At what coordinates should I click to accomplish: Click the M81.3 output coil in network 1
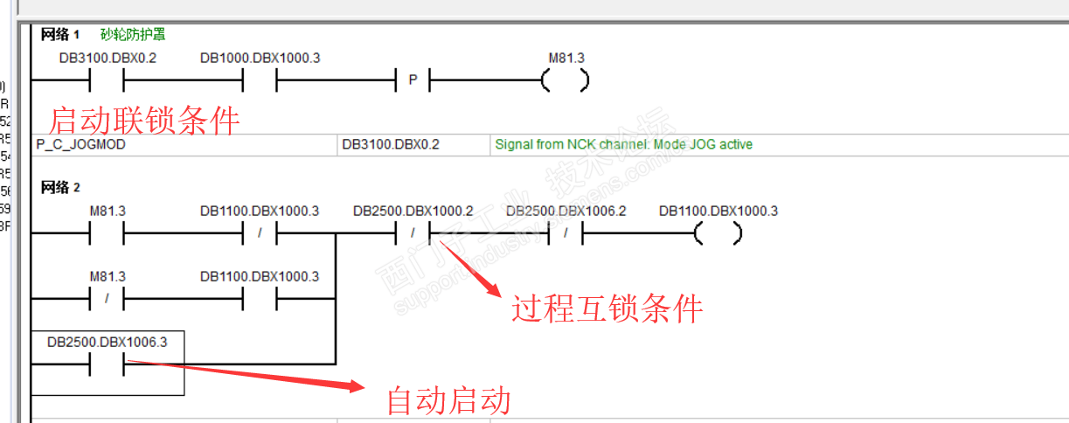(565, 81)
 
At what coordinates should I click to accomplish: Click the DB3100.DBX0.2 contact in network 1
(107, 81)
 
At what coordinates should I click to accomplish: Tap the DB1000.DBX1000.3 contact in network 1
(259, 81)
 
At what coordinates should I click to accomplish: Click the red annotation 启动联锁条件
(143, 120)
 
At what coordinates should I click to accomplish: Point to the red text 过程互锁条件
(607, 309)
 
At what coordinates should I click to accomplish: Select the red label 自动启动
(448, 401)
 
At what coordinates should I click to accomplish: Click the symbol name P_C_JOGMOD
(80, 144)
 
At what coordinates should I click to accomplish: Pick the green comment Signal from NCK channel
(623, 144)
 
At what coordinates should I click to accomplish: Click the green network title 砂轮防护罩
(133, 35)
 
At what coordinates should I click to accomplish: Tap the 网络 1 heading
(60, 35)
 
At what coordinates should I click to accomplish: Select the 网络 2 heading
(60, 187)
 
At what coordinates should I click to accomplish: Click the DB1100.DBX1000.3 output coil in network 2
(718, 234)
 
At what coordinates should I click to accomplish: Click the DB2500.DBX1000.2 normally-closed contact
(413, 234)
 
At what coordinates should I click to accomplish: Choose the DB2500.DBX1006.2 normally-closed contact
(566, 234)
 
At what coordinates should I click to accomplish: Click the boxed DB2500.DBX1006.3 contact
(107, 364)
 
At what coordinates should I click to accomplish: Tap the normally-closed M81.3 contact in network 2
(107, 299)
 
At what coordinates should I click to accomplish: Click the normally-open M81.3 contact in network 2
(107, 234)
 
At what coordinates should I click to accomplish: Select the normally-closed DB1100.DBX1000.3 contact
(259, 234)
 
